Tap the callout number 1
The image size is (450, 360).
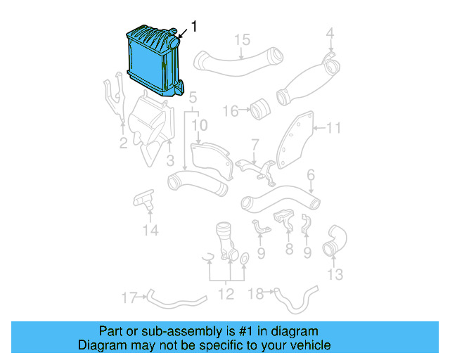[194, 27]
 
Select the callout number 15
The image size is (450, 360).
[242, 39]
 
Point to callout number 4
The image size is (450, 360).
[330, 32]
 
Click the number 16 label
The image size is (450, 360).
[230, 110]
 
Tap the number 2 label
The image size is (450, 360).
[123, 144]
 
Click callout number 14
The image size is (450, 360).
[150, 230]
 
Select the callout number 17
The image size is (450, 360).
[128, 297]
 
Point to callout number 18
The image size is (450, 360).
[257, 294]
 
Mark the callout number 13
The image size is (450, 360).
[335, 273]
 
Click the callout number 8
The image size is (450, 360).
[288, 250]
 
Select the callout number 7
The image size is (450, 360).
[255, 145]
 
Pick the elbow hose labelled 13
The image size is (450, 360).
[333, 241]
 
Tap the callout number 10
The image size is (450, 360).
[200, 125]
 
